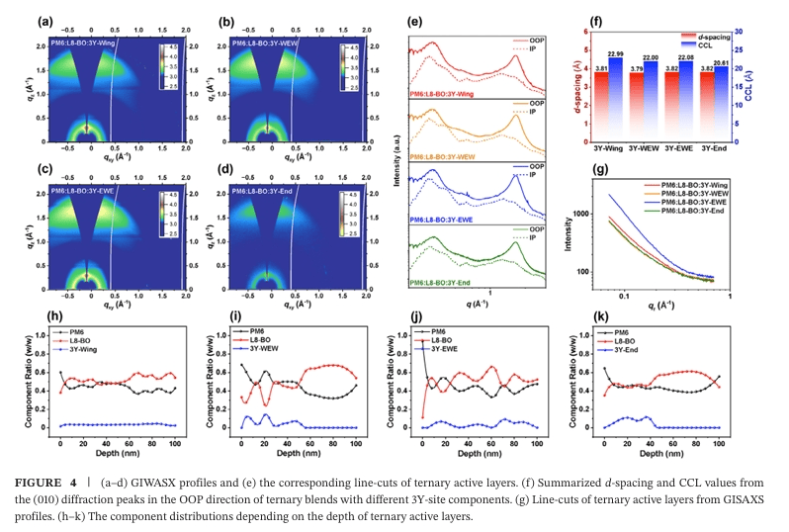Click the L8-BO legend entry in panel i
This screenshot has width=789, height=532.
click(274, 344)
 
